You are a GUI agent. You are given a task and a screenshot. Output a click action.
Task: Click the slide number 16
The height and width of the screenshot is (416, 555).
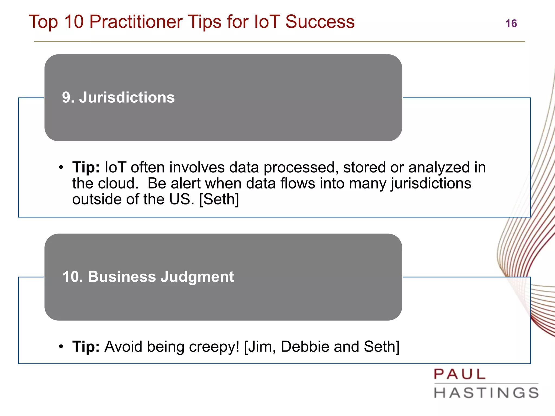511,24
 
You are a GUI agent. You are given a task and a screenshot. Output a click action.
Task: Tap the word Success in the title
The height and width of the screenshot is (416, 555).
320,22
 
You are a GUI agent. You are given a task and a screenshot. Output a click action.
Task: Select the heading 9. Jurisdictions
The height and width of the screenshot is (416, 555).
118,97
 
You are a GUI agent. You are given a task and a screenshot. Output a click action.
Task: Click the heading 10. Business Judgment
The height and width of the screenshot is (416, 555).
148,277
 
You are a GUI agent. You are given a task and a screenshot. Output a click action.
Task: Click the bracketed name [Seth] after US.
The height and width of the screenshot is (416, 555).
219,200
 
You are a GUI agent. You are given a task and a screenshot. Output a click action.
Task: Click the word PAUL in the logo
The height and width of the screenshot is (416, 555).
460,375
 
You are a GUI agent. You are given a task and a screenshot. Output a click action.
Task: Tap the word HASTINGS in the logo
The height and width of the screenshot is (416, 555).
486,393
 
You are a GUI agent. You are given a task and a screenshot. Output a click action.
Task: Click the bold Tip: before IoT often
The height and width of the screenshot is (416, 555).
86,167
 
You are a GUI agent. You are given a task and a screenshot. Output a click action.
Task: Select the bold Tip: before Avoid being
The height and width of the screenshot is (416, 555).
86,347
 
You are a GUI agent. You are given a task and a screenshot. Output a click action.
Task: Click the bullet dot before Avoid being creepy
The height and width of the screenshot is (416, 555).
61,347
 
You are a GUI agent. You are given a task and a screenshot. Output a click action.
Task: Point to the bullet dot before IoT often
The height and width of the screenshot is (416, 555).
61,167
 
